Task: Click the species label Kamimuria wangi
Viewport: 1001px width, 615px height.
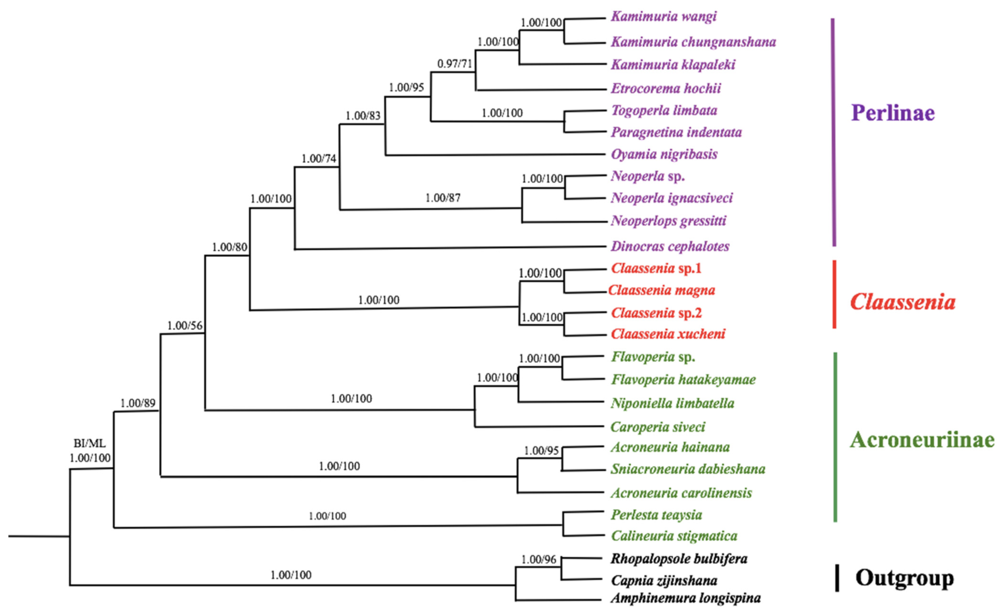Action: [x=663, y=17]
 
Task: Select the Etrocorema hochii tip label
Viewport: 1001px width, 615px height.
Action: [x=666, y=89]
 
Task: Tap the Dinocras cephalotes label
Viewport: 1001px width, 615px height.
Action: [x=670, y=246]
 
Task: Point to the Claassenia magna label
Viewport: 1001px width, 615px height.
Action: [x=661, y=290]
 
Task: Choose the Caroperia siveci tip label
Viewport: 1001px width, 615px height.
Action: [x=657, y=427]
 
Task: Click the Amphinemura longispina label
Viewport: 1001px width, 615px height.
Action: [x=685, y=598]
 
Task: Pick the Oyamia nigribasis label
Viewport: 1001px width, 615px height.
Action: [x=664, y=155]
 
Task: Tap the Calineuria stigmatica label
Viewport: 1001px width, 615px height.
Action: [x=673, y=536]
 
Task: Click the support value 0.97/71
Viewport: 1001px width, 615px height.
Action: [x=455, y=64]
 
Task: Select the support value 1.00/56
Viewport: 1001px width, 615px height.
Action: [x=184, y=326]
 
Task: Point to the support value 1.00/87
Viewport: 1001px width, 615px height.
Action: [x=442, y=198]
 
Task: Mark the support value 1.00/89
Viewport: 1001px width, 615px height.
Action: [x=138, y=403]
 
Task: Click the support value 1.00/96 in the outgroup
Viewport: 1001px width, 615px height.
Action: [x=538, y=560]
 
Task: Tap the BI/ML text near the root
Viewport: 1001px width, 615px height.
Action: [x=89, y=444]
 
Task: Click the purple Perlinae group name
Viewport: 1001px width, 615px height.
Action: [x=892, y=113]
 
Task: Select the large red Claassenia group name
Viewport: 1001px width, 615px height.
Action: [x=902, y=302]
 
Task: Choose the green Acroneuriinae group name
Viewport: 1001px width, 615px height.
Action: [x=922, y=440]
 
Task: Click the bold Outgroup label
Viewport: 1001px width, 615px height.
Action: [x=904, y=578]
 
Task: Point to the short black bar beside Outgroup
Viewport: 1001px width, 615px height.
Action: [x=837, y=578]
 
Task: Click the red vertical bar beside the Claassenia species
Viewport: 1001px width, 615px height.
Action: [x=834, y=294]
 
